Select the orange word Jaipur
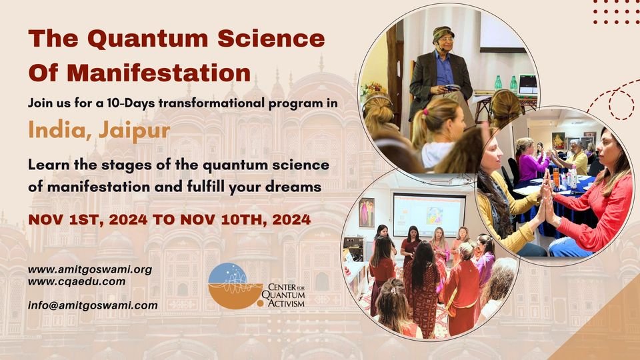click(134, 131)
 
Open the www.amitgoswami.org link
click(90, 269)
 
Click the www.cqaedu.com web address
click(77, 281)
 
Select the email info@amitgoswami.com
click(93, 305)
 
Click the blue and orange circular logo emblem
click(235, 286)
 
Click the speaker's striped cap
click(443, 33)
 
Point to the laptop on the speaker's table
click(527, 85)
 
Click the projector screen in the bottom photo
click(429, 215)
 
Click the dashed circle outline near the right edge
click(621, 105)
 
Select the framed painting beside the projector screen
click(367, 212)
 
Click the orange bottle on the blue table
click(556, 177)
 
